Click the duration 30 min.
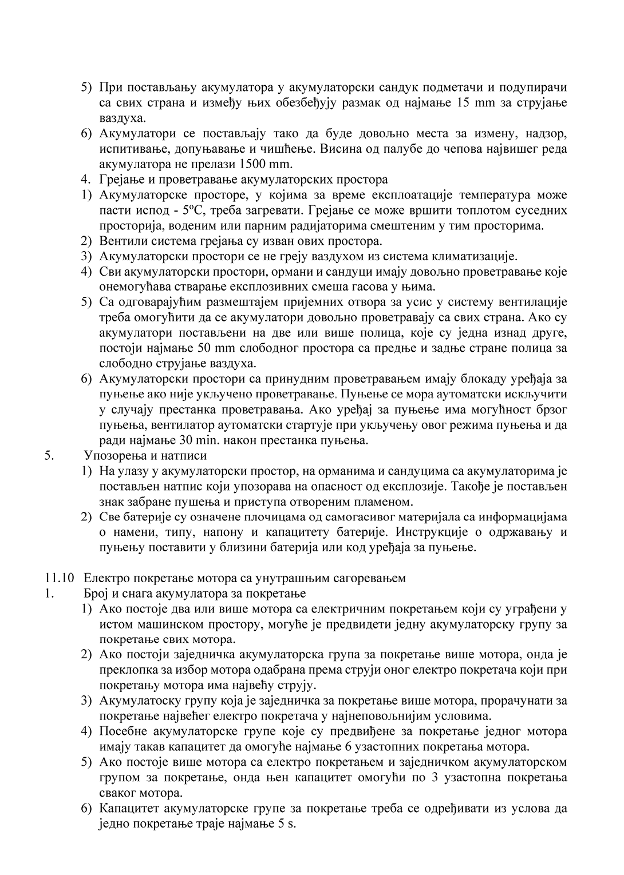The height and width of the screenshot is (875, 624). tap(223, 440)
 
